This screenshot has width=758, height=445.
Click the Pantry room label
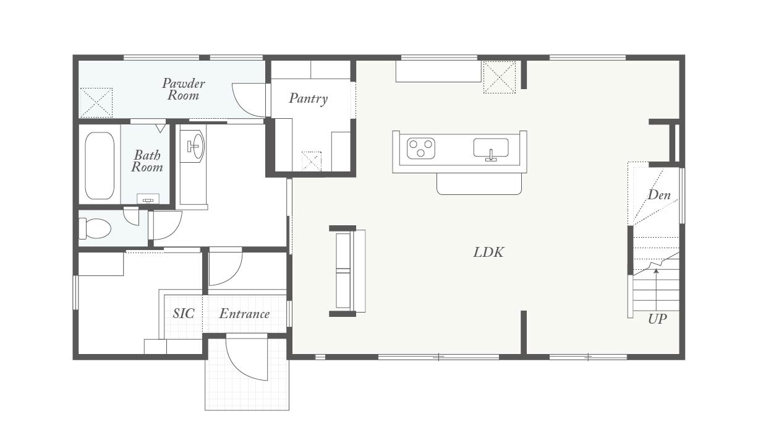pyautogui.click(x=309, y=98)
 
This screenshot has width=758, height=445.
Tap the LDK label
pyautogui.click(x=488, y=253)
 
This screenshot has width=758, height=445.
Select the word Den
pyautogui.click(x=659, y=195)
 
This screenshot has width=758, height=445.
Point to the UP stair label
pyautogui.click(x=657, y=319)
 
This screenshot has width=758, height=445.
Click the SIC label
pyautogui.click(x=184, y=314)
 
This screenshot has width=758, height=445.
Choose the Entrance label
pyautogui.click(x=244, y=314)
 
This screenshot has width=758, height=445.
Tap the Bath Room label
pyautogui.click(x=147, y=161)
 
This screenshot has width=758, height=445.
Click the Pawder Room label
pyautogui.click(x=184, y=89)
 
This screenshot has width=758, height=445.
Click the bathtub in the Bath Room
pyautogui.click(x=100, y=165)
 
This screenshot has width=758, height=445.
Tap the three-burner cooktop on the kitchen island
pyautogui.click(x=420, y=149)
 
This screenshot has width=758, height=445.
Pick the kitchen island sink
pyautogui.click(x=491, y=148)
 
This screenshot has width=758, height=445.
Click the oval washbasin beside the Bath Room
pyautogui.click(x=195, y=145)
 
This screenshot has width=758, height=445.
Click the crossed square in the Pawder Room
pyautogui.click(x=96, y=103)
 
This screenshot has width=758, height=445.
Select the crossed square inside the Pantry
pyautogui.click(x=312, y=162)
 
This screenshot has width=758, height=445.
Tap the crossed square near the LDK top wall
pyautogui.click(x=500, y=77)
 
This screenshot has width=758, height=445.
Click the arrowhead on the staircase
pyautogui.click(x=656, y=270)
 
